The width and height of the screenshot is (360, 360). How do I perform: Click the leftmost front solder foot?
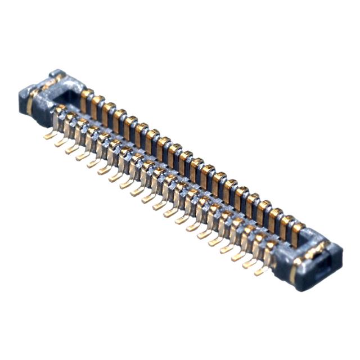tap(49, 136)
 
